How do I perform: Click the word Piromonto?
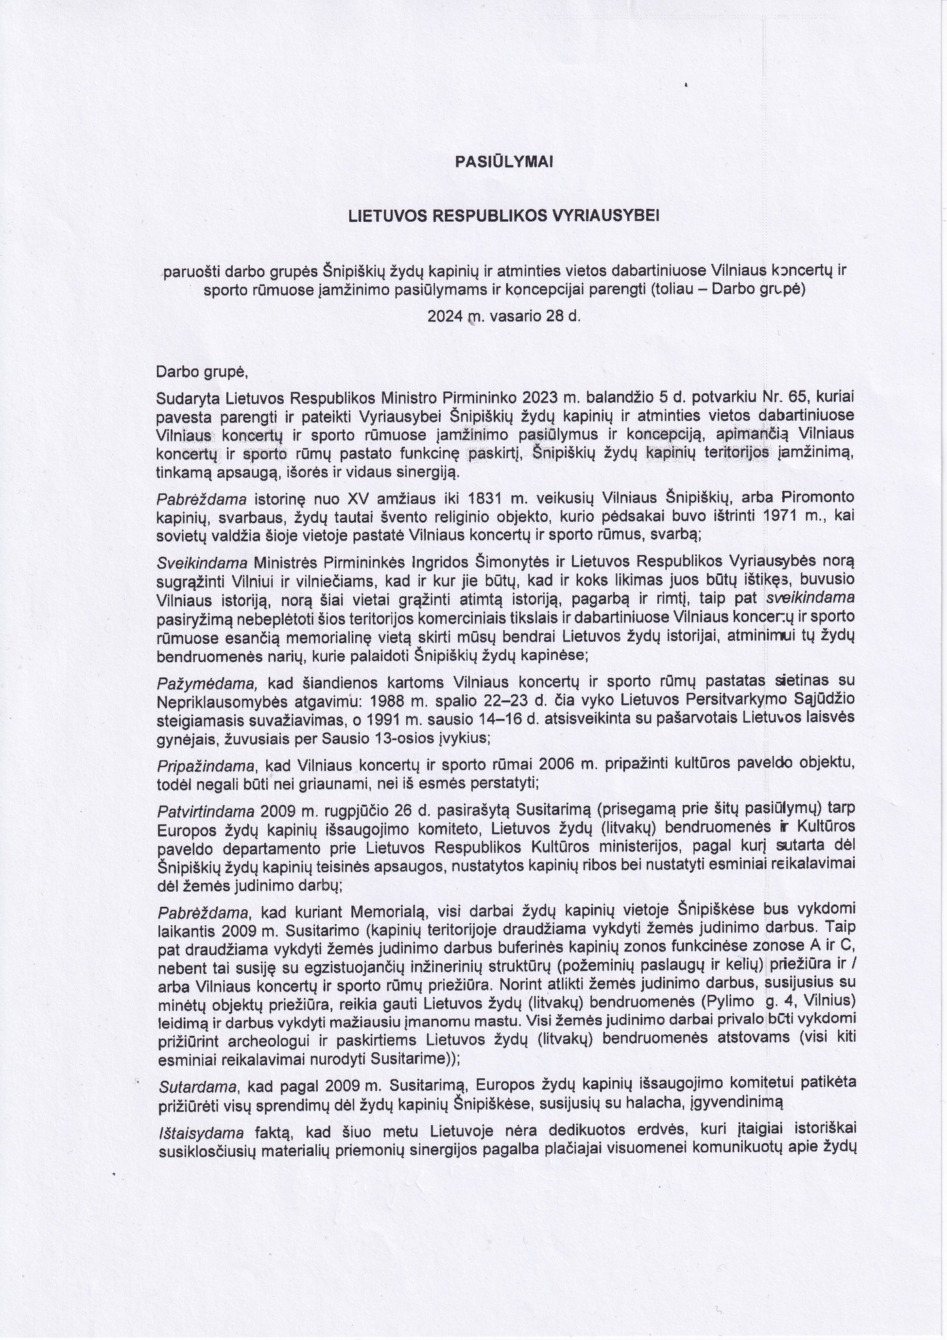(x=818, y=498)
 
